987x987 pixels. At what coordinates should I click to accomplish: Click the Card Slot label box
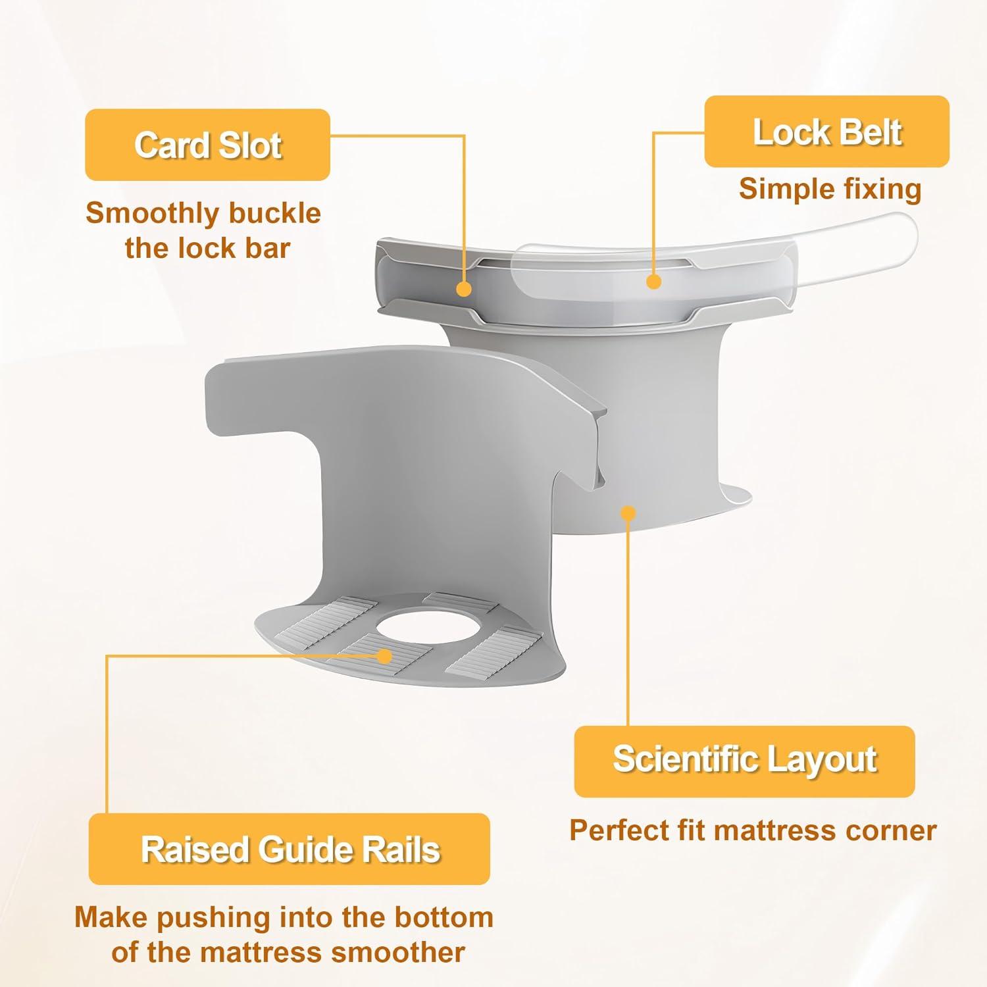click(207, 145)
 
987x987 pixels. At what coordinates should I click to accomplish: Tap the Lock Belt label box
click(827, 132)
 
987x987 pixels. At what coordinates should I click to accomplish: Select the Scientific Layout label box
click(745, 761)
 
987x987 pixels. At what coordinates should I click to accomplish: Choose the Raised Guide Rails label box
click(290, 849)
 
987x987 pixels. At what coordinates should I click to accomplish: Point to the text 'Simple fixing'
click(830, 189)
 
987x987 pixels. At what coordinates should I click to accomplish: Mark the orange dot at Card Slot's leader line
click(464, 288)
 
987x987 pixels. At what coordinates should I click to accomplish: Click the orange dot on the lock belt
click(653, 282)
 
